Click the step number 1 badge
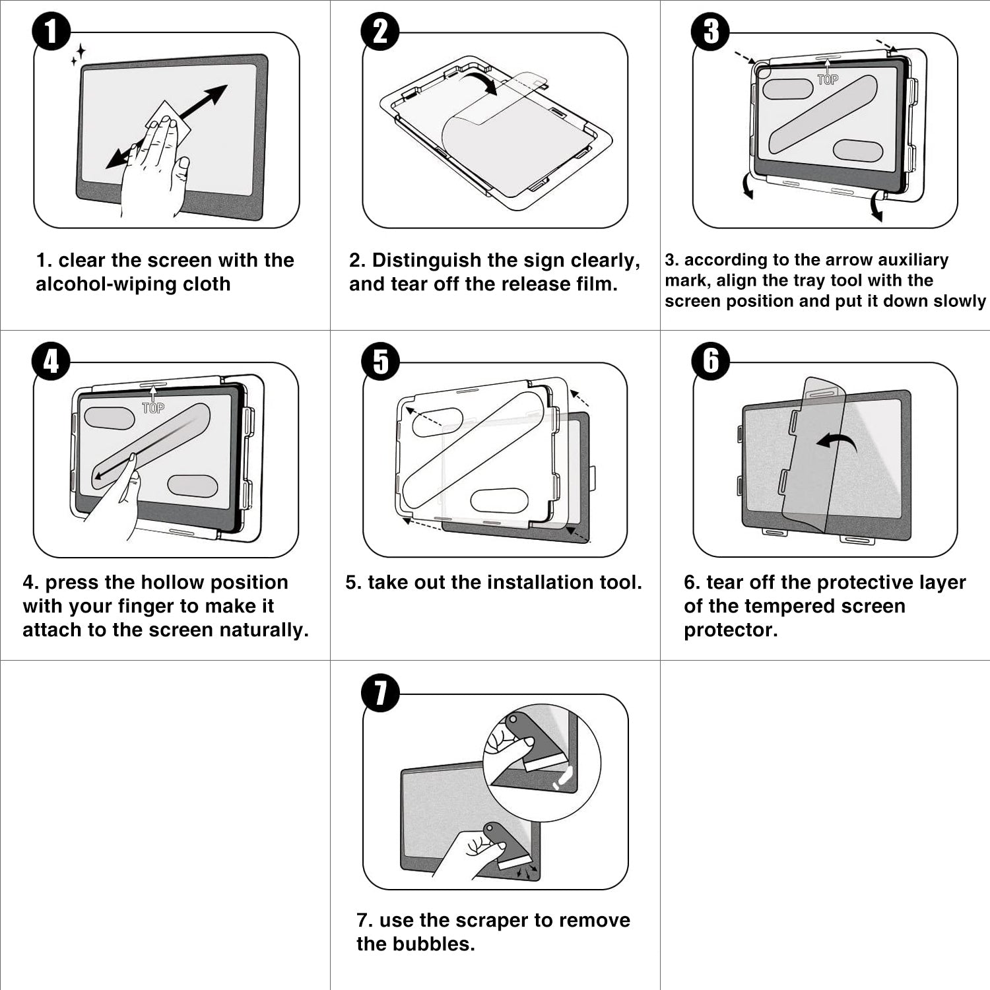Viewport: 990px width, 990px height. point(51,31)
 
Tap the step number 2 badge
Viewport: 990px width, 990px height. point(380,31)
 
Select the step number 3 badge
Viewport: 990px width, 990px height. point(711,31)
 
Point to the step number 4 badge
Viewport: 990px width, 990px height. point(51,361)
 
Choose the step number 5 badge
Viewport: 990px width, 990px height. point(381,361)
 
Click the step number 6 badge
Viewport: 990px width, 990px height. point(711,361)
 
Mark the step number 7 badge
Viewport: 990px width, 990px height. point(381,692)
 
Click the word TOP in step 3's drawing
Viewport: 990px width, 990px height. point(828,80)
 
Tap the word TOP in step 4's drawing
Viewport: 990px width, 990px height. point(153,408)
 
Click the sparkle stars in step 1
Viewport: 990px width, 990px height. point(79,55)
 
